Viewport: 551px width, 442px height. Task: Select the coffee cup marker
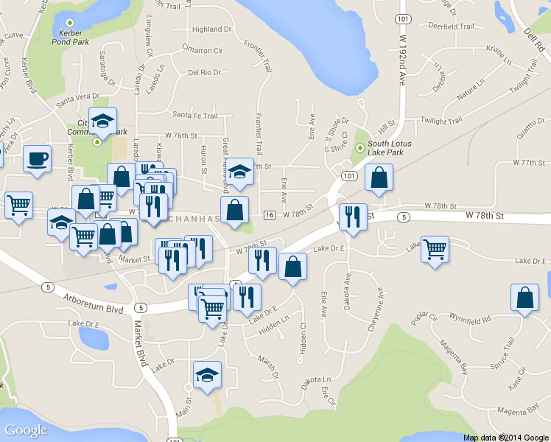(x=37, y=158)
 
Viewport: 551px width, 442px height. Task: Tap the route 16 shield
(x=269, y=214)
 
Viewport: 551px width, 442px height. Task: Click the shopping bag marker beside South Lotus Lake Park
(x=379, y=178)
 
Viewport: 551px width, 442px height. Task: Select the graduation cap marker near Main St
(x=207, y=374)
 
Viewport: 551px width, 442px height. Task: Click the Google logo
(x=26, y=430)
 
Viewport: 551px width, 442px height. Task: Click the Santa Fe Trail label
(x=194, y=115)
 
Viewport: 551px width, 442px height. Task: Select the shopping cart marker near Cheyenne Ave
(x=435, y=248)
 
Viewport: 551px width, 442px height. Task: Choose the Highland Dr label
(x=211, y=29)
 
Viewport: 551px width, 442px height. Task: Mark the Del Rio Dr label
(x=204, y=72)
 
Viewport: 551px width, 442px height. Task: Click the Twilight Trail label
(x=441, y=119)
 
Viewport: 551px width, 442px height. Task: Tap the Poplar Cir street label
(x=425, y=318)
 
